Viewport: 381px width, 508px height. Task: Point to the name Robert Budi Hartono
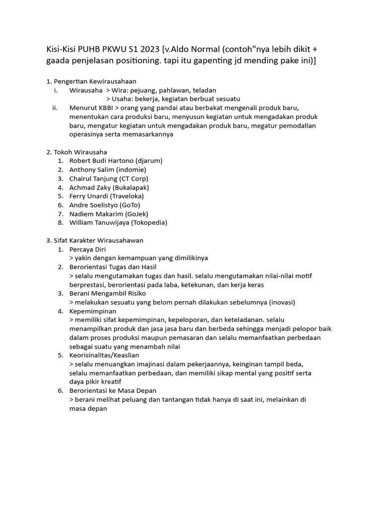tap(102, 161)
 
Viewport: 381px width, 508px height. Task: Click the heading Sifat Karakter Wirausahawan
tap(98, 241)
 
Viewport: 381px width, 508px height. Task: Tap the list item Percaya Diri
tap(88, 249)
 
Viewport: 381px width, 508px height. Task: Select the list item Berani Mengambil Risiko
tap(108, 294)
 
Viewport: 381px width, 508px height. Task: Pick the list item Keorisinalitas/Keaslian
tap(105, 355)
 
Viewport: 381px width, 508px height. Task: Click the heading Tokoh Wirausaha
tap(79, 152)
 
